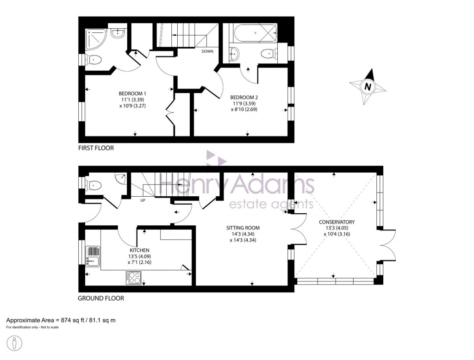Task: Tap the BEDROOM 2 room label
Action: click(x=244, y=97)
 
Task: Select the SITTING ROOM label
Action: click(x=243, y=228)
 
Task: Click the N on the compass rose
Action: click(x=368, y=86)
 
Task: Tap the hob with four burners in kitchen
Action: click(x=134, y=278)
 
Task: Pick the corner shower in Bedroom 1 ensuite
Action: click(x=96, y=38)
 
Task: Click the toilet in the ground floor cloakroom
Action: click(x=95, y=185)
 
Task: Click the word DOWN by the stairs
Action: click(x=207, y=51)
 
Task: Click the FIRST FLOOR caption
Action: click(x=95, y=148)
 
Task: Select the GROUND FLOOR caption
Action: click(x=100, y=298)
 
